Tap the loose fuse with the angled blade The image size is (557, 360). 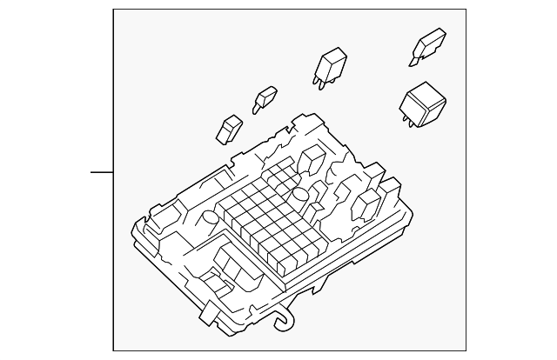click(x=430, y=45)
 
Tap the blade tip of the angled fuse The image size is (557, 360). click(x=412, y=61)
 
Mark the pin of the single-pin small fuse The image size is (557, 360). click(x=256, y=108)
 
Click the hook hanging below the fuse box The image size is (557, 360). click(x=283, y=322)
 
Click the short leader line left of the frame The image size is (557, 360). click(x=102, y=171)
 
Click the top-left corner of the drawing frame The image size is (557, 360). click(x=114, y=10)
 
